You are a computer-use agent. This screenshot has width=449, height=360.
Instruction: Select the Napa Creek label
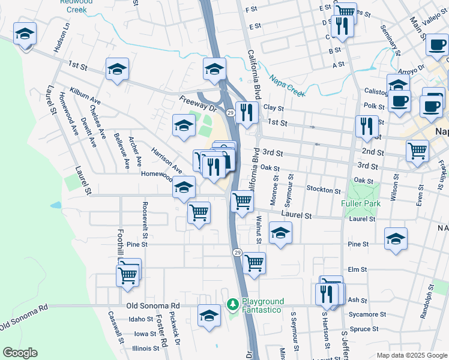point(288,85)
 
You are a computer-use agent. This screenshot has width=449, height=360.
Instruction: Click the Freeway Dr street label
point(197,103)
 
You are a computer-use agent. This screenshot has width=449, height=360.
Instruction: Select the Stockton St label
point(324,190)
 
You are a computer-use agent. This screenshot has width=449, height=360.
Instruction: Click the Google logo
point(20,353)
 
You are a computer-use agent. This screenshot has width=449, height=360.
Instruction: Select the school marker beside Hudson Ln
point(25,34)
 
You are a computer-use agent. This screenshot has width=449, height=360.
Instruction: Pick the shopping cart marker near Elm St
point(255,263)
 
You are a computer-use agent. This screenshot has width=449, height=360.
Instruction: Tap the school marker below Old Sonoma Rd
point(209,315)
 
